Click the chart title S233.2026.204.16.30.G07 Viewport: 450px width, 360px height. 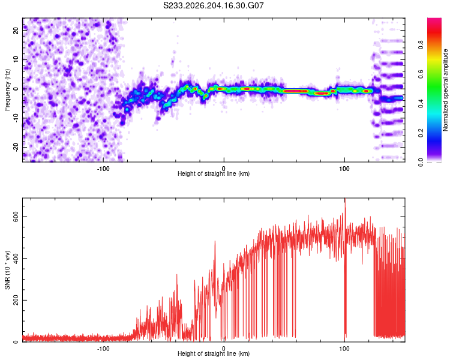tap(213, 5)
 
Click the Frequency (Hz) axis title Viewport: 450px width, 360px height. tap(7, 90)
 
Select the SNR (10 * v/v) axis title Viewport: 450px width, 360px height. tap(7, 270)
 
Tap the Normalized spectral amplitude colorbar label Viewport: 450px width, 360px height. tap(445, 90)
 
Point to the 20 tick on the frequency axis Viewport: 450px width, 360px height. tap(16, 30)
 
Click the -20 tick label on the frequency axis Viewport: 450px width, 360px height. tap(16, 147)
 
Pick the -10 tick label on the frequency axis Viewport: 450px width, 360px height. tap(16, 118)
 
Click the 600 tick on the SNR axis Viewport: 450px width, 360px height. tap(16, 217)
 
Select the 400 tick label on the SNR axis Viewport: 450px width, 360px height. tap(16, 259)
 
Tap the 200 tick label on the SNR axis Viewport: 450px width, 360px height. tap(16, 300)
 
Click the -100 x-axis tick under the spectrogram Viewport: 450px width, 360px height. tap(103, 169)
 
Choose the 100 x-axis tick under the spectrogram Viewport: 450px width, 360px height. tap(344, 169)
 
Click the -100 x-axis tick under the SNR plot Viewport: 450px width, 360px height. tap(103, 349)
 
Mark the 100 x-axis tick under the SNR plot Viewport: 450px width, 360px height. tap(344, 349)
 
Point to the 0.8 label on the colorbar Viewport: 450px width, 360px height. tap(421, 45)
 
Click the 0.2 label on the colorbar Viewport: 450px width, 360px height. tap(421, 133)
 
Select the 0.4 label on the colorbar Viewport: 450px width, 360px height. tap(421, 104)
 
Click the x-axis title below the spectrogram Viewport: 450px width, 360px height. tap(214, 173)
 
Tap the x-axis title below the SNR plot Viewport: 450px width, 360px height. tap(214, 353)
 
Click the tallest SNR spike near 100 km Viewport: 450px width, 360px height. tap(345, 199)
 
